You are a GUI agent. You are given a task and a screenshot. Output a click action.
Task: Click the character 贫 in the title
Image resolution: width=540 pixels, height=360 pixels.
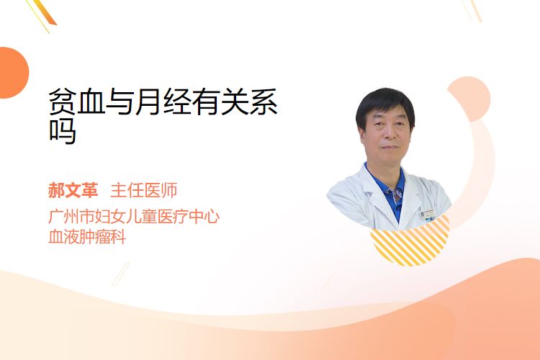[62, 102]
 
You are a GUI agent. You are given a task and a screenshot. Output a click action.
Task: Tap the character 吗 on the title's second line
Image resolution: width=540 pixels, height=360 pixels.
[62, 131]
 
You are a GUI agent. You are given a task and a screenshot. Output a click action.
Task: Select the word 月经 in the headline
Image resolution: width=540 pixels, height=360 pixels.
[162, 102]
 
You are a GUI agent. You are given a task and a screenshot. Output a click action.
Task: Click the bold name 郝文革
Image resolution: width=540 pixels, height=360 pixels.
[73, 190]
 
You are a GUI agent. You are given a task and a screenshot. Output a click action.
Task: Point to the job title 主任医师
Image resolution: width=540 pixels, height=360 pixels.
[144, 190]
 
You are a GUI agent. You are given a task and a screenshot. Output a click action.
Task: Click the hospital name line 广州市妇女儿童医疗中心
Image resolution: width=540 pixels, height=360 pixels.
[134, 216]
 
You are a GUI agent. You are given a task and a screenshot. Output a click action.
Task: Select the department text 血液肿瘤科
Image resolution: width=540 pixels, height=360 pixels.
[87, 237]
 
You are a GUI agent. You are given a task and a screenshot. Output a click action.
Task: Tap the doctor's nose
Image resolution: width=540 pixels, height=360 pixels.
[389, 135]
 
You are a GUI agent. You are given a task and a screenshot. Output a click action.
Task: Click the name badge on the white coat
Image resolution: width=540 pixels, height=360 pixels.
[428, 215]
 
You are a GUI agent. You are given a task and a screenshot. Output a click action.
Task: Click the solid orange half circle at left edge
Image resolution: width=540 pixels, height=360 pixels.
[13, 73]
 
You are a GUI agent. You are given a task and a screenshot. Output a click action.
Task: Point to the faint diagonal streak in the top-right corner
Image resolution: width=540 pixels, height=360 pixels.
[472, 10]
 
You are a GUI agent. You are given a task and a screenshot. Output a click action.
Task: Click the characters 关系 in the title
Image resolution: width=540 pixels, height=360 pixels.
[249, 102]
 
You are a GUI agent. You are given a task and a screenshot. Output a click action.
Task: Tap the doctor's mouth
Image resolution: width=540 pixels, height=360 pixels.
[390, 148]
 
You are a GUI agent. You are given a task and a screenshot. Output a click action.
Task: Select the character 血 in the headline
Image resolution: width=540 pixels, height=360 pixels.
[91, 102]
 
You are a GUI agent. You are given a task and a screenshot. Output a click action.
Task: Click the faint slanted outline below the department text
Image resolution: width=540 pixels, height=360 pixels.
[121, 274]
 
